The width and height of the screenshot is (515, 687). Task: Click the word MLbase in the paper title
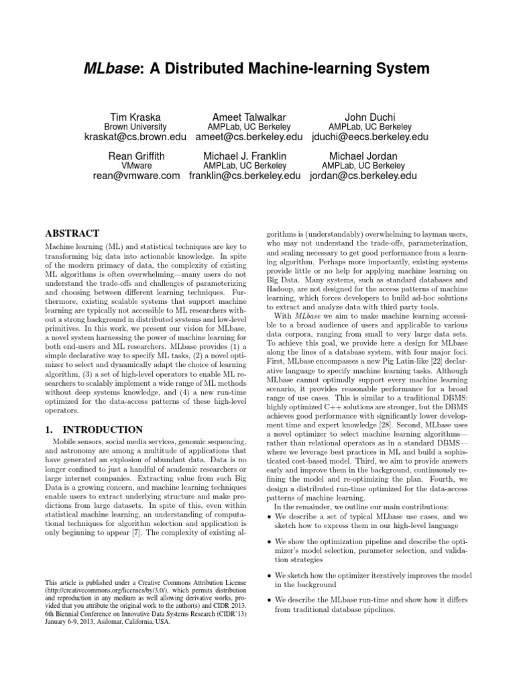click(x=112, y=69)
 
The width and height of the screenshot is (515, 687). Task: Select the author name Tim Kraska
click(x=136, y=115)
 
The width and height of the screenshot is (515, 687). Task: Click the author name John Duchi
click(x=369, y=115)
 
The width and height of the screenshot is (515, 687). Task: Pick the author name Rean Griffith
click(x=136, y=155)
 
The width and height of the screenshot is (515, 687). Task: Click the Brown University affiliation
click(x=136, y=127)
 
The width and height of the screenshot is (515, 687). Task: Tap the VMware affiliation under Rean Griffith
click(x=136, y=166)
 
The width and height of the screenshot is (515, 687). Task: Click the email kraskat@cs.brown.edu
click(x=137, y=138)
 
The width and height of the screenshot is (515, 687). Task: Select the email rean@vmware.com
click(x=137, y=176)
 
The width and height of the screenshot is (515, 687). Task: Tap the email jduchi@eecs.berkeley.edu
click(x=369, y=138)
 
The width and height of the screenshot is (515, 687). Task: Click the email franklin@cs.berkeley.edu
click(x=245, y=176)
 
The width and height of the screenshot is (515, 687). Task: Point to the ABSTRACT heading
click(x=72, y=234)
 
